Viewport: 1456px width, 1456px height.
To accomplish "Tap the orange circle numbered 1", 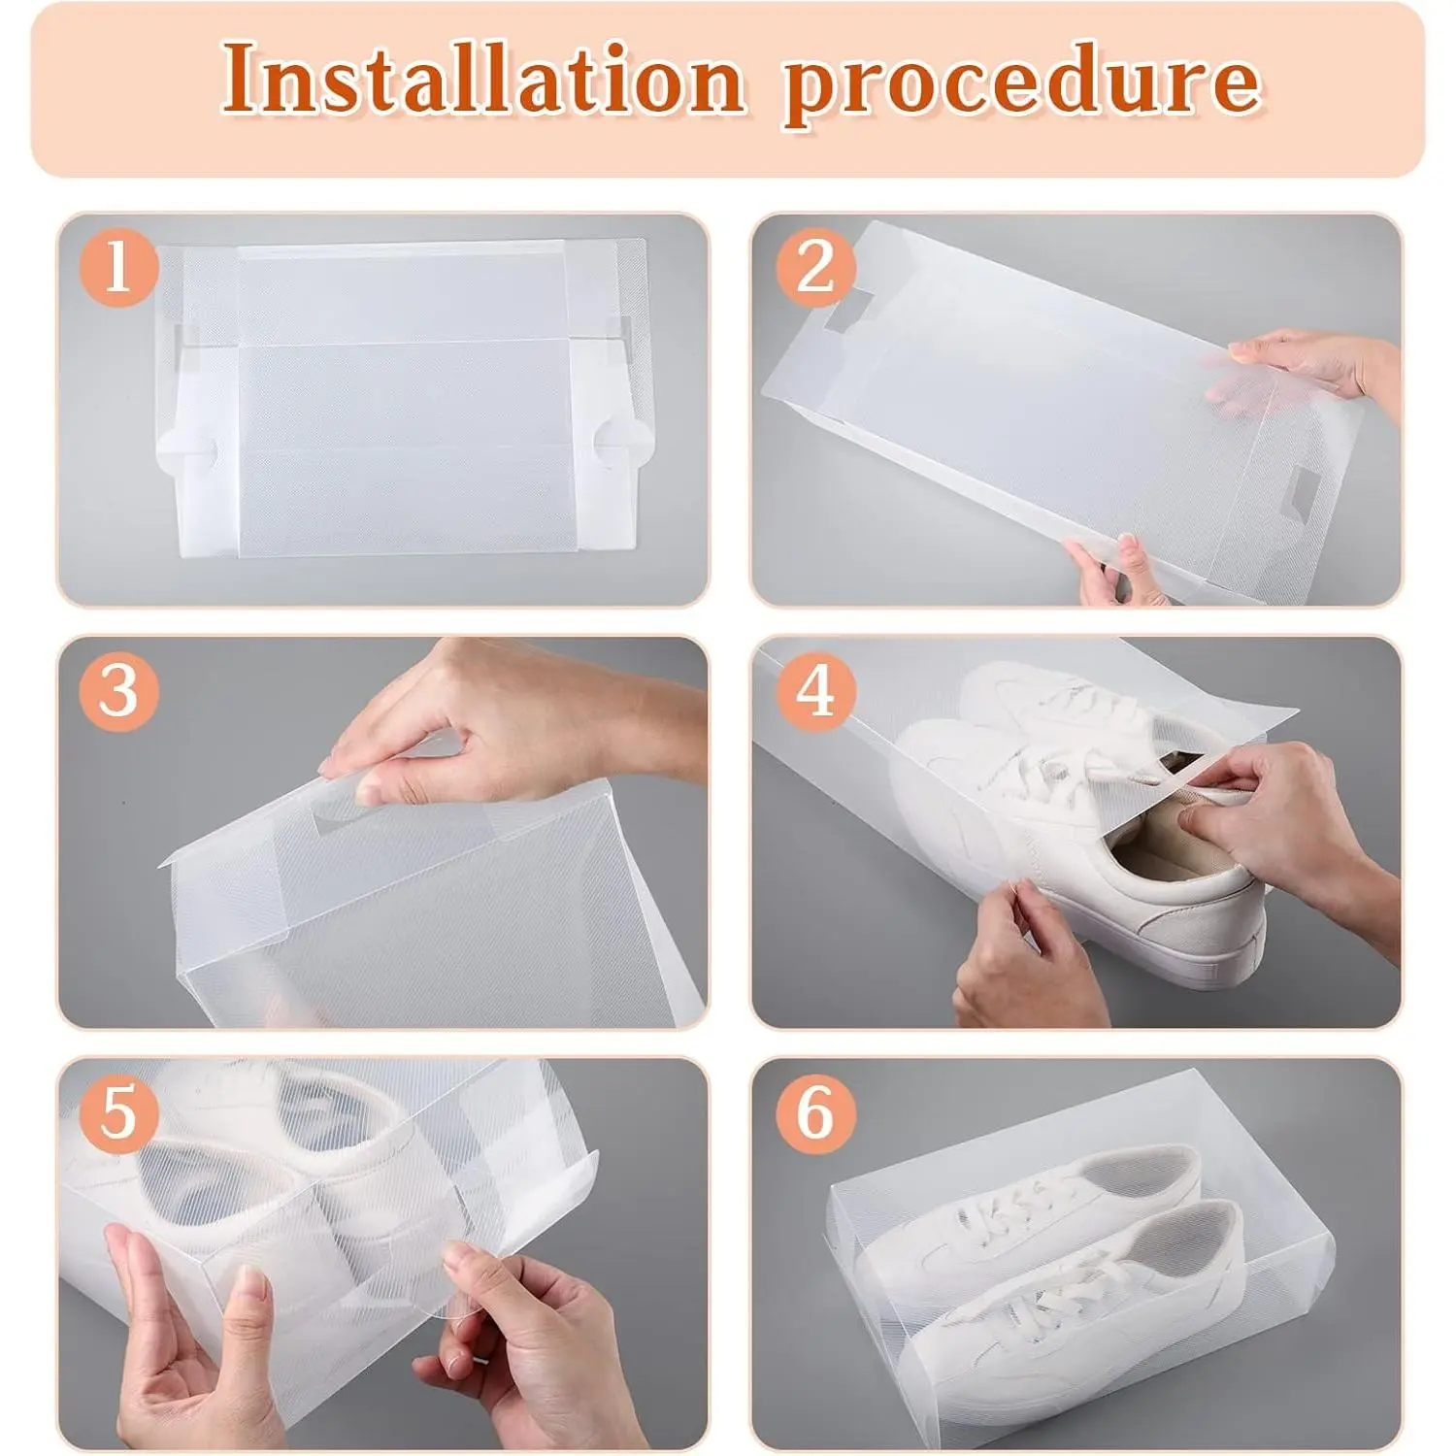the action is click(118, 267).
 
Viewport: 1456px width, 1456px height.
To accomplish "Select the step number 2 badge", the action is click(815, 268).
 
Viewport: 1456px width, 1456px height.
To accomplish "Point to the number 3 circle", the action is click(118, 691).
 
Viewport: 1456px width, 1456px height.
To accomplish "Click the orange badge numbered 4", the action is click(815, 691).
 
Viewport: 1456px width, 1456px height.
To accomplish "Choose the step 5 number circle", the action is click(118, 1113).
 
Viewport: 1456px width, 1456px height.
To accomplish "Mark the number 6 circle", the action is click(815, 1113).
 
